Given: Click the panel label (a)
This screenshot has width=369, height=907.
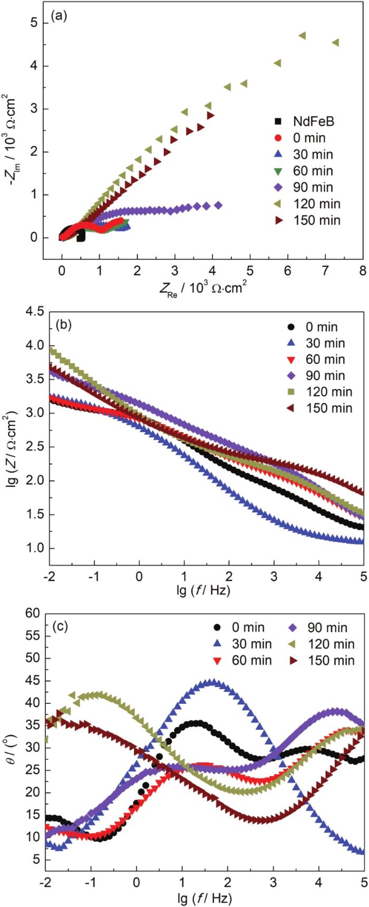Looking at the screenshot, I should tap(58, 16).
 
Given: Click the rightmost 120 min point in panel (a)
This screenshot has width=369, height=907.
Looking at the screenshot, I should tap(335, 42).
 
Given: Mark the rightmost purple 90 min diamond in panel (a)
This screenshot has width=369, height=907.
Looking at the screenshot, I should tap(218, 205).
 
